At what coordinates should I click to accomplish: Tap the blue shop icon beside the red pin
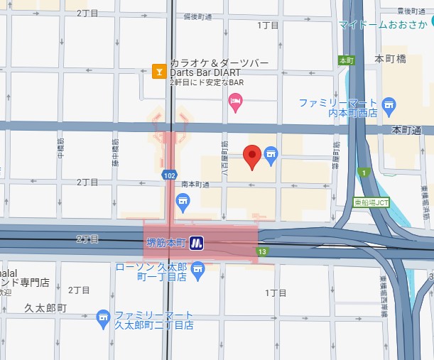tap(270, 153)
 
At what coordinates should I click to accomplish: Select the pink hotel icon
tap(236, 104)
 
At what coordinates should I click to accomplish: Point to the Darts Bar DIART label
tap(204, 72)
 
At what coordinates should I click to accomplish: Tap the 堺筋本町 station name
tap(165, 243)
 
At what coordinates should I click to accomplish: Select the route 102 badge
tap(169, 174)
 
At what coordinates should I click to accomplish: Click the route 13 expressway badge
tap(263, 251)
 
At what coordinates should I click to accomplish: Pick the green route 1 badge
tap(364, 172)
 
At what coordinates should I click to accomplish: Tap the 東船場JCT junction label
tap(372, 202)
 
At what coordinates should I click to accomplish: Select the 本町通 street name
tap(406, 130)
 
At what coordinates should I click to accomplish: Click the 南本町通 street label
tap(195, 184)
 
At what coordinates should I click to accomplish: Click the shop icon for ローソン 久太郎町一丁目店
tap(197, 267)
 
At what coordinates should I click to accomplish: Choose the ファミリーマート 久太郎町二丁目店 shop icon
tap(103, 315)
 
